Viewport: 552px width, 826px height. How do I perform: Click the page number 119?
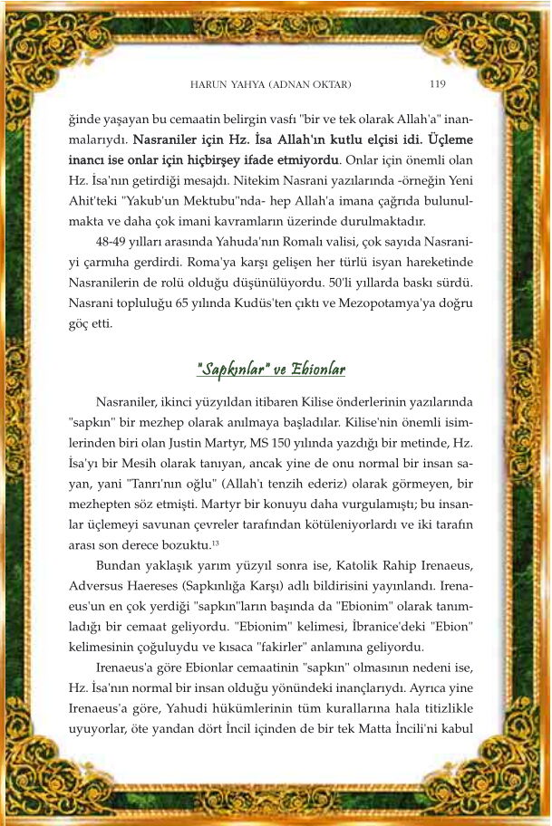(x=436, y=84)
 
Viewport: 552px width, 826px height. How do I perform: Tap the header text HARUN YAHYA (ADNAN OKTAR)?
(x=270, y=85)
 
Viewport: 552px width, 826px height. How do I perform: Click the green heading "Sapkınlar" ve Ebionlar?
(x=271, y=370)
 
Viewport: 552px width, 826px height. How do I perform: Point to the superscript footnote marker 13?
(x=215, y=543)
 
